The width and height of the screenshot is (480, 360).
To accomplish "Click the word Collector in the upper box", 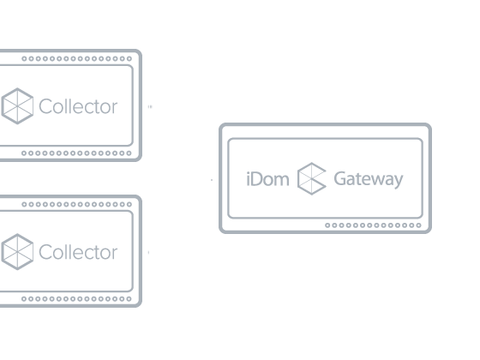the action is pos(78,106).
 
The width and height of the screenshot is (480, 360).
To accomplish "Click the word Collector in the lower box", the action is pos(78,252).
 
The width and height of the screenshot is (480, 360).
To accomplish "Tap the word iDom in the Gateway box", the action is pos(267,179).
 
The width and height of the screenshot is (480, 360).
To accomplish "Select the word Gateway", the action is pos(369,180).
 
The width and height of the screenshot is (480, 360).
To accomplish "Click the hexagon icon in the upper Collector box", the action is pos(17,106).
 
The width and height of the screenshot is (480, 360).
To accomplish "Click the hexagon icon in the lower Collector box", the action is pos(17,252).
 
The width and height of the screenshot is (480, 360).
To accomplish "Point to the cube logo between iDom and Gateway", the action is pos(312,178).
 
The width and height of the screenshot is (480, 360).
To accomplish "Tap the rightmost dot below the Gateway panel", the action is pos(418,225).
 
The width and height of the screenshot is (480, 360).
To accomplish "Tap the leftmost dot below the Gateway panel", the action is pos(327,225).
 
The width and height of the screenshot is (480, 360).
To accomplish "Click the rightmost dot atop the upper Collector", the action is pos(129,58).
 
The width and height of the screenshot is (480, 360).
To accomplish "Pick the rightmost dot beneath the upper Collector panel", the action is pos(129,153).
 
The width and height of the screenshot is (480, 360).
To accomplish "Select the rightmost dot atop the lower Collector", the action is pos(129,204).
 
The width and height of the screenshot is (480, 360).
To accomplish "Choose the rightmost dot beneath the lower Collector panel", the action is pos(129,299).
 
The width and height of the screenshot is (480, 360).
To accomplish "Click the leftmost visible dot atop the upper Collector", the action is pos(24,58).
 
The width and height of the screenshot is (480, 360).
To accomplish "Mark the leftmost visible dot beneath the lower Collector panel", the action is pos(24,299).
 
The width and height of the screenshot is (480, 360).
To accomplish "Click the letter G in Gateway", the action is pos(340,178).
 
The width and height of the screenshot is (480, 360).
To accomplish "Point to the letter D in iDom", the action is pos(257,179).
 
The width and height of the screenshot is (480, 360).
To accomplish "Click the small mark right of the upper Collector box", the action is pos(150,107).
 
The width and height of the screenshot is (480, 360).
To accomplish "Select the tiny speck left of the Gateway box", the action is pos(212,180).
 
